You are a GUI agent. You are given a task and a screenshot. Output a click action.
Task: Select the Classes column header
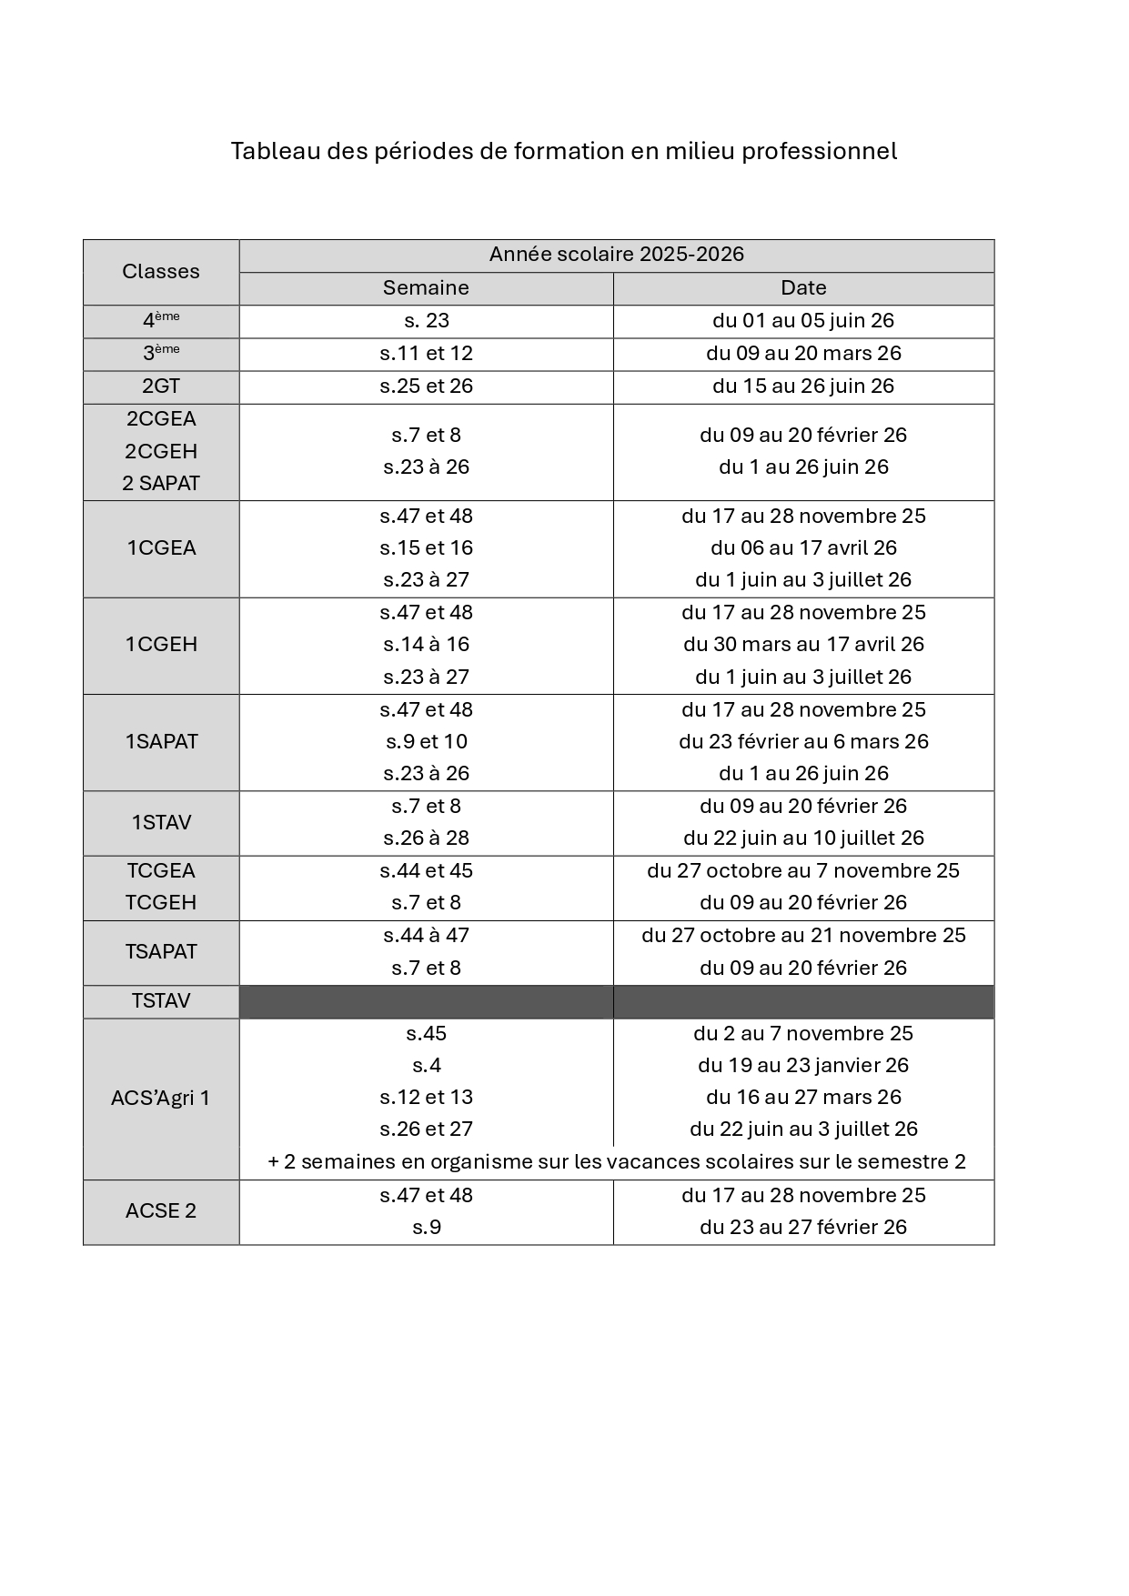click(x=161, y=272)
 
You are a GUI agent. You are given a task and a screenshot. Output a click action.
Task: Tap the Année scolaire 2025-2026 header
click(x=616, y=255)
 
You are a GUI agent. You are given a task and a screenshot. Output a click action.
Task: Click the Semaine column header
click(x=426, y=288)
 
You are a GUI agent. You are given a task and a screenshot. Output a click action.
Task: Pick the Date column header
click(x=803, y=288)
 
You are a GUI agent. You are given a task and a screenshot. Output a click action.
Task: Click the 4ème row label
click(x=161, y=320)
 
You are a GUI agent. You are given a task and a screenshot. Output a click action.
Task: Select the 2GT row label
click(x=161, y=386)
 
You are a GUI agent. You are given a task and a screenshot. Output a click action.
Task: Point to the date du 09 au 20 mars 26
click(x=803, y=353)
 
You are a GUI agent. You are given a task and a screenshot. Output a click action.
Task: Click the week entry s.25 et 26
click(x=426, y=386)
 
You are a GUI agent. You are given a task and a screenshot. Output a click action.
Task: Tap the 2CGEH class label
click(x=161, y=451)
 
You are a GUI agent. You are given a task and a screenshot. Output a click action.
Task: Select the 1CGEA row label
click(x=161, y=547)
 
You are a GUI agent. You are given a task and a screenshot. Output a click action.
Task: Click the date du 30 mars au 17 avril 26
click(x=803, y=644)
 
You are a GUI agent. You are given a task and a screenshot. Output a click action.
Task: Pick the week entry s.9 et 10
click(x=426, y=741)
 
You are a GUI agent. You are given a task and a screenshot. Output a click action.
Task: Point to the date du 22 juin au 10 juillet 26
click(x=803, y=838)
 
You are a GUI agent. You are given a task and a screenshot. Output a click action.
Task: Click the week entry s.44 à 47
click(x=426, y=935)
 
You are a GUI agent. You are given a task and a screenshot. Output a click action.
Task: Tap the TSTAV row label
click(x=161, y=1000)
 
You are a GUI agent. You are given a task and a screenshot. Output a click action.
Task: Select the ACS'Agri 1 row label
click(x=161, y=1098)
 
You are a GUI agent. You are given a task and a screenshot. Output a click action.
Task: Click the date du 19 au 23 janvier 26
click(x=803, y=1065)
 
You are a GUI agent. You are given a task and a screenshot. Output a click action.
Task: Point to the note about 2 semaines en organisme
click(x=616, y=1161)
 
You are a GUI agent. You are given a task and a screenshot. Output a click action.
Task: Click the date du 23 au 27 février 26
click(x=803, y=1227)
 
